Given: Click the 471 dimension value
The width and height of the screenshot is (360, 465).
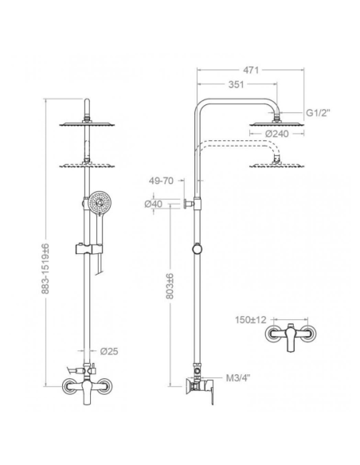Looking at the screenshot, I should (x=251, y=70).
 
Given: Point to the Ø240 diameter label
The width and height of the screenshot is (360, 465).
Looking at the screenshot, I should (x=278, y=134).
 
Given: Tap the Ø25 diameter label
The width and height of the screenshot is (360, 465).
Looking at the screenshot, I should (x=111, y=351).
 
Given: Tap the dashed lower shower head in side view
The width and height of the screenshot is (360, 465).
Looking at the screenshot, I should (x=276, y=165).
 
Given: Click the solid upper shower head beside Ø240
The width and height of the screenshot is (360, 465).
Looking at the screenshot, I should (x=276, y=122).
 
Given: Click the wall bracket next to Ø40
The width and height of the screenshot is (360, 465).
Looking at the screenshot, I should (x=188, y=205).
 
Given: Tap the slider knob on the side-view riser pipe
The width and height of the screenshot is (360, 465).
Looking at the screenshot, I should (x=197, y=251).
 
